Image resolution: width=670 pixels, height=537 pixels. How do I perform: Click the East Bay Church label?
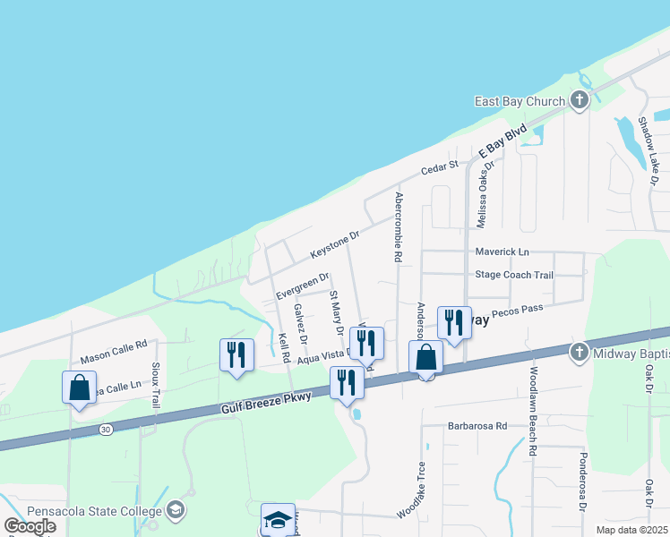coord(520,101)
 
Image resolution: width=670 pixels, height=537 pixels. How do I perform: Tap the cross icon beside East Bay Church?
coord(580,100)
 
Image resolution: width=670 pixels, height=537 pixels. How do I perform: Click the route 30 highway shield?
coord(107,430)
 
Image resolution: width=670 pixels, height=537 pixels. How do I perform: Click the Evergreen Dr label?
coord(303,286)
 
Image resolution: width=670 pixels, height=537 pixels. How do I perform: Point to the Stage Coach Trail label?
coord(514,275)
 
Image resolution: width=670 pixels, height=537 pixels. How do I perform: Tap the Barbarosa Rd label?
coord(477,426)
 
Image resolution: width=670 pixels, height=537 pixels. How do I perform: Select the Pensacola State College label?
coord(94,510)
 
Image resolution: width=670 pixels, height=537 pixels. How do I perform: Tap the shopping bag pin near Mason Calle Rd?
coord(80,388)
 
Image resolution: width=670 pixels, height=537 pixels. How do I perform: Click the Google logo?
coord(30,526)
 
